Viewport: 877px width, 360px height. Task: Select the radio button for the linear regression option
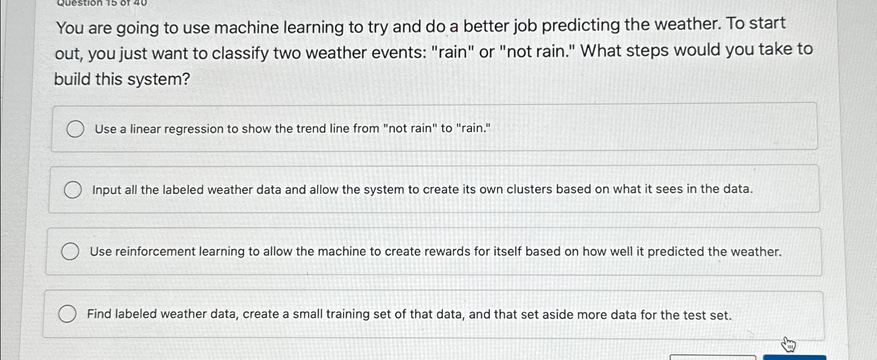click(75, 129)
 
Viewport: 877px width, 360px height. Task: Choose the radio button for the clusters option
click(73, 190)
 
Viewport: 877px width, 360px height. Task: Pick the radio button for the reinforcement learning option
click(70, 252)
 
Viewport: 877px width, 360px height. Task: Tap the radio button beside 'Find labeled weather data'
click(67, 314)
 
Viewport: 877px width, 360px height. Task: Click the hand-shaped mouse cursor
click(789, 344)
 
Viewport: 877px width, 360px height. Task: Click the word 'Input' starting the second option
click(107, 190)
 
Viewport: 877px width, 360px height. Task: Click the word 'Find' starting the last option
click(99, 314)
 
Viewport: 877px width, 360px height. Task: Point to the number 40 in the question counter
click(140, 3)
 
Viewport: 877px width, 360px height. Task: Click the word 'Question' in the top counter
click(79, 3)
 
